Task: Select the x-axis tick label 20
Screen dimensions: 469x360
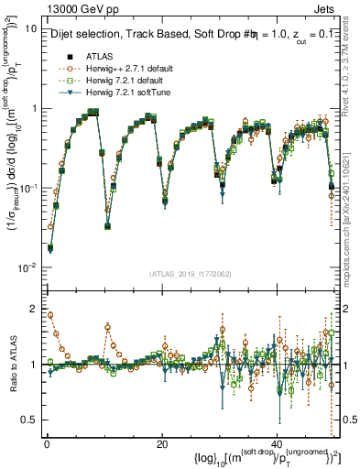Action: click(162, 443)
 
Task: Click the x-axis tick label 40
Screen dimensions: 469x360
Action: click(277, 443)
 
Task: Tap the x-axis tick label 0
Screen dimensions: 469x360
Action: click(46, 443)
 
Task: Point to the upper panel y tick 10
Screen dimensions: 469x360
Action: click(30, 28)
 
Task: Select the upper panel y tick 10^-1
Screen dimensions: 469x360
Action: click(27, 188)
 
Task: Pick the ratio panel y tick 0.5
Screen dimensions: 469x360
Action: click(29, 420)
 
